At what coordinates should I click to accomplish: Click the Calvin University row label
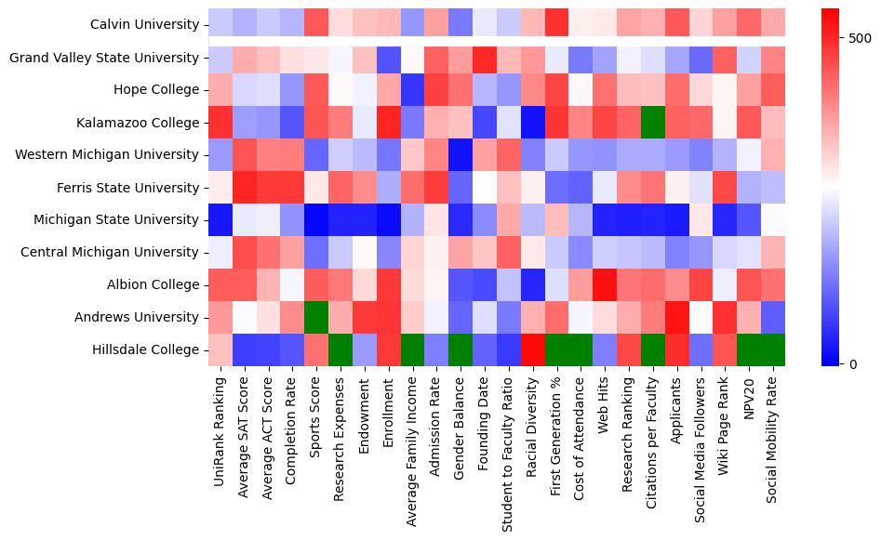click(145, 25)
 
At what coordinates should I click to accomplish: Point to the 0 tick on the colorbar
click(848, 363)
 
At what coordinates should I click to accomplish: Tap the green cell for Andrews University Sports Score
click(315, 317)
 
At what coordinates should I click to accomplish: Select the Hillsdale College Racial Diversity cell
click(532, 349)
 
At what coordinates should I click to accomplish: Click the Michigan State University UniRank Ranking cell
click(220, 220)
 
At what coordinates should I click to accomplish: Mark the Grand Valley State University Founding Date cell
click(484, 58)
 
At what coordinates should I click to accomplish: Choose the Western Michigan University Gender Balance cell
click(460, 155)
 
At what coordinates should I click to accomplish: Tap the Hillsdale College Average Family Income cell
click(412, 349)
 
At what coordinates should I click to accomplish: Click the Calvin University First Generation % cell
click(556, 25)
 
